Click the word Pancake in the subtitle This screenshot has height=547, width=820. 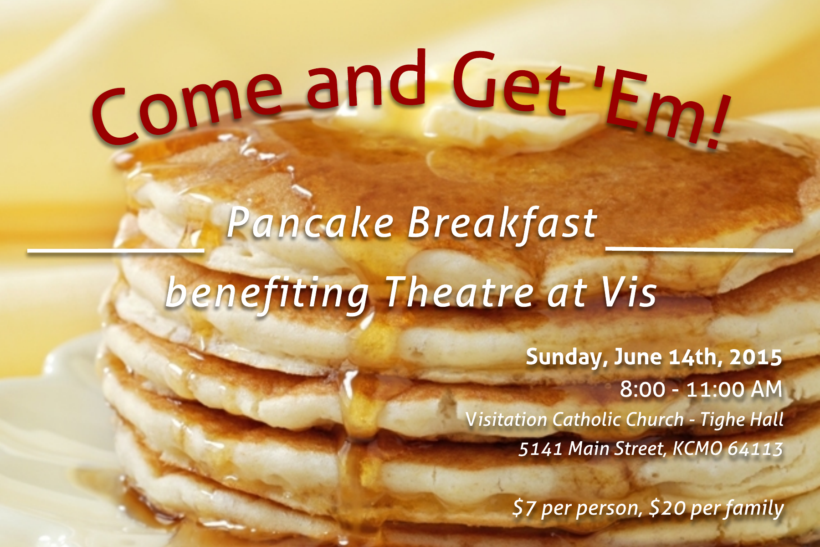(310, 223)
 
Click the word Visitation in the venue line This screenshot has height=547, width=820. (506, 419)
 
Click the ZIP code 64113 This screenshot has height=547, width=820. (755, 449)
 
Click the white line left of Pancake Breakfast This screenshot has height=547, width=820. (116, 250)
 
